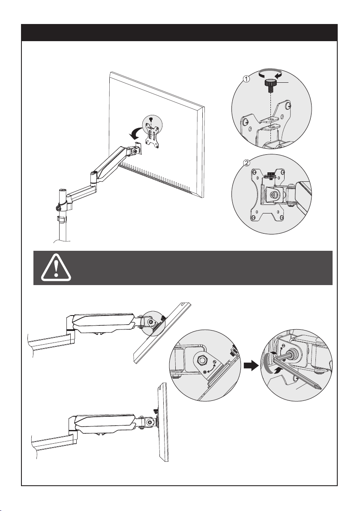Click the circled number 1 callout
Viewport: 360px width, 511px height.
tap(246, 78)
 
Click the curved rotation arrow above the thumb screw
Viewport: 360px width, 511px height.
tap(270, 73)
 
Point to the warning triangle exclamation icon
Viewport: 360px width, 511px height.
tap(56, 268)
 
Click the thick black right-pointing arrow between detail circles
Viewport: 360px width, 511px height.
tap(251, 365)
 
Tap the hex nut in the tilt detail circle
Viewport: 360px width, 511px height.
tap(202, 360)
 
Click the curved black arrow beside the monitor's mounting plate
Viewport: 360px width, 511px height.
tap(135, 132)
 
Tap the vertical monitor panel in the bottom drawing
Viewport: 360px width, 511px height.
tap(162, 422)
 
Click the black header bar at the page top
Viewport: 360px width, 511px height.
tap(179, 32)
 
